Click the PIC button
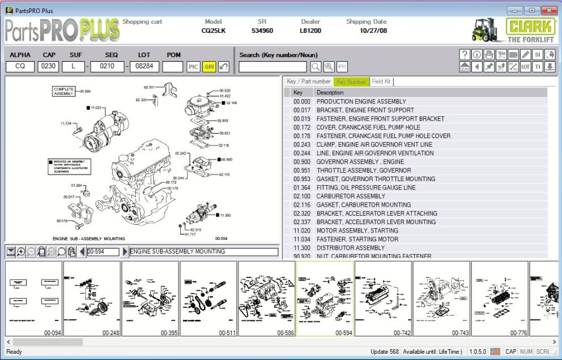pyautogui.click(x=194, y=67)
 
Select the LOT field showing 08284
pyautogui.click(x=144, y=67)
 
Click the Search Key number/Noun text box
pyautogui.click(x=273, y=67)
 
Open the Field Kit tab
pyautogui.click(x=381, y=82)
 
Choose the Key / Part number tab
pyautogui.click(x=309, y=82)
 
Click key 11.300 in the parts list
pyautogui.click(x=301, y=247)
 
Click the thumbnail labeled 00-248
pyautogui.click(x=92, y=299)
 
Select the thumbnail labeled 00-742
pyautogui.click(x=383, y=299)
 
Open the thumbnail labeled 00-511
pyautogui.click(x=208, y=299)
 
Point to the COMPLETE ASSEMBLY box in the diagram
pyautogui.click(x=61, y=91)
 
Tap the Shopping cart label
pyautogui.click(x=142, y=22)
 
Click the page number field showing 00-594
pyautogui.click(x=103, y=251)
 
